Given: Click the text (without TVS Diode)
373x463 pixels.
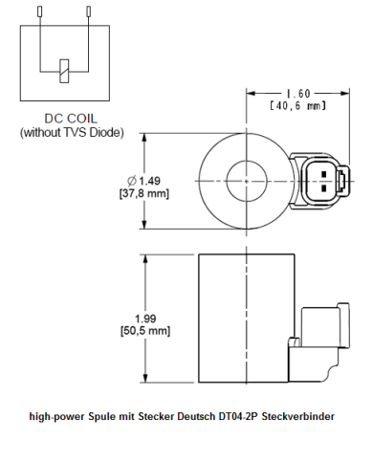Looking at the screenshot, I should (x=72, y=132).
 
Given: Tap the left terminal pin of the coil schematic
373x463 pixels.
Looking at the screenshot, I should (x=38, y=12).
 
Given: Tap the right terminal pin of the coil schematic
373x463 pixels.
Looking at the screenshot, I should (x=89, y=12).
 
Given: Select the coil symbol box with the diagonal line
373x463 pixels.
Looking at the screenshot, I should (x=64, y=70).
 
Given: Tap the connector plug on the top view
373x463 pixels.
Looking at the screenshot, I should (x=322, y=180).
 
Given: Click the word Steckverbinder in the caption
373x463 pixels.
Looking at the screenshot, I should (x=301, y=417).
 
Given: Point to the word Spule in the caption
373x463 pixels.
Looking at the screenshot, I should (x=100, y=417).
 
